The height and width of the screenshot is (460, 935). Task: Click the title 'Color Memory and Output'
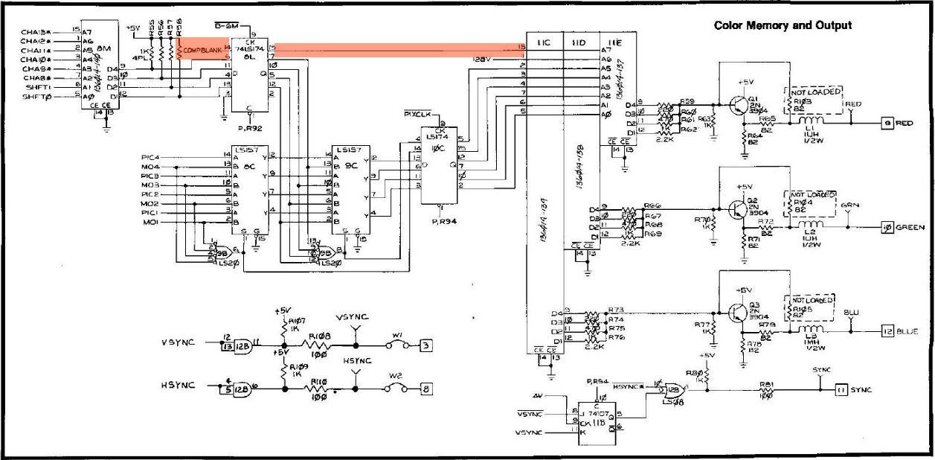click(783, 25)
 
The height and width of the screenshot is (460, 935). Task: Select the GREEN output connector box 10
click(887, 227)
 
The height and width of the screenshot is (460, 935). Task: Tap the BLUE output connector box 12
click(887, 331)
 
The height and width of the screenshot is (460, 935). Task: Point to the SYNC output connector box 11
click(840, 389)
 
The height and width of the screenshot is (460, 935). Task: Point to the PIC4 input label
click(150, 156)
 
